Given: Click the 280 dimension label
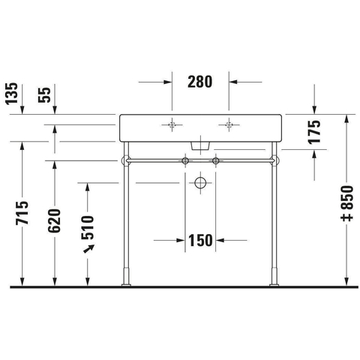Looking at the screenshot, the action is [199, 82].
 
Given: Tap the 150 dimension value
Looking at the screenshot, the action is [200, 241].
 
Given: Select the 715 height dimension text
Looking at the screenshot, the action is [22, 212].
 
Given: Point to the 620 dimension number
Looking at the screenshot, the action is [55, 220].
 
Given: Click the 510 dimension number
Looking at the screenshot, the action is [88, 227].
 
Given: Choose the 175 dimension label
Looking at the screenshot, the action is [314, 132].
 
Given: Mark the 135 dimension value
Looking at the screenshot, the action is [12, 93].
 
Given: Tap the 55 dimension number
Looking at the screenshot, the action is [44, 95].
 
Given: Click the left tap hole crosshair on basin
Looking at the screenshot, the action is [172, 124].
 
